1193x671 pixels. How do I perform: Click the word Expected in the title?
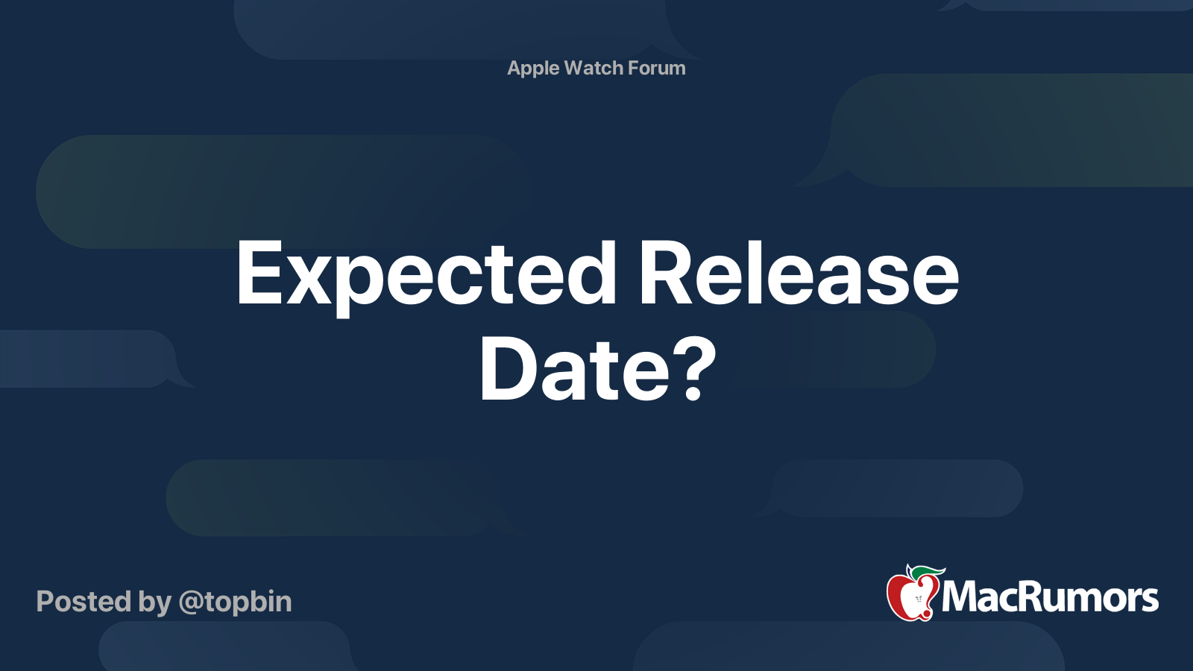[426, 274]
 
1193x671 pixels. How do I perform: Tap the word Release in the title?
[799, 274]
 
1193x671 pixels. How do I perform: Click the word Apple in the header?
[533, 69]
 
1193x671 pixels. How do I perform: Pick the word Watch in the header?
[594, 68]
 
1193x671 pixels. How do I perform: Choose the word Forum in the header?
[657, 68]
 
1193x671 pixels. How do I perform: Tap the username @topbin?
[236, 602]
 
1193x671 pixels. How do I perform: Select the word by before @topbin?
[154, 602]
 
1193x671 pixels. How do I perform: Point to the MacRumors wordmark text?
[1050, 597]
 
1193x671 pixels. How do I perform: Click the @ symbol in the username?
[191, 602]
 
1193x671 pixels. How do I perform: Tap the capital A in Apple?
[514, 68]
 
